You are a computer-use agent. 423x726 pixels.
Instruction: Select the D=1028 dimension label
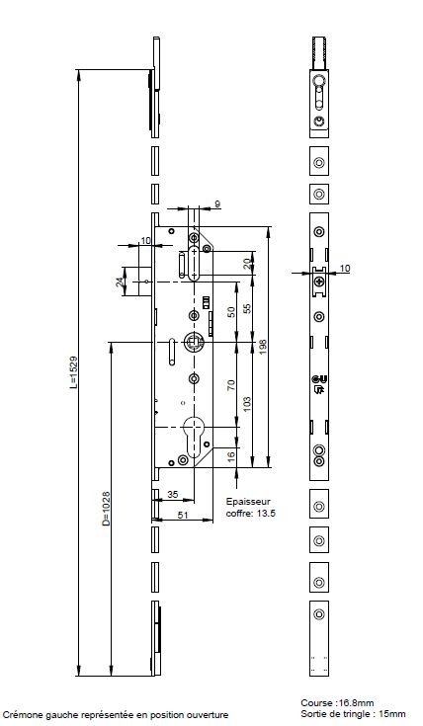tap(106, 508)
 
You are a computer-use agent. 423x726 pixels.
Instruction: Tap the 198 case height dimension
tap(263, 347)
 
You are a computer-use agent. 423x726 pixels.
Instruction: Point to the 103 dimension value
tap(247, 404)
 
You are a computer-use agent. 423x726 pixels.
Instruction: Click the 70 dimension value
tap(231, 385)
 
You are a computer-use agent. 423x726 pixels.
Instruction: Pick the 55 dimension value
tap(247, 309)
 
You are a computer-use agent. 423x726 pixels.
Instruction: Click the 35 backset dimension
tap(172, 494)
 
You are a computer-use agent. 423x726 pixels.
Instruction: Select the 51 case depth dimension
tap(183, 515)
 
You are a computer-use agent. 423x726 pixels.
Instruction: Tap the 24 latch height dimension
tap(120, 282)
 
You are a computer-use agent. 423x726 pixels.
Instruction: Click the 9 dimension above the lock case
tap(217, 203)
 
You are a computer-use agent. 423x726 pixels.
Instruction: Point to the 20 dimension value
tap(247, 264)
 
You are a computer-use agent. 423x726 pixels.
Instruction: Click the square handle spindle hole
tap(193, 343)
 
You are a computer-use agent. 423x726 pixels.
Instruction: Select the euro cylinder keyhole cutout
tap(194, 437)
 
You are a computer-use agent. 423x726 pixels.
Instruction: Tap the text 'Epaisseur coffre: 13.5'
tap(250, 508)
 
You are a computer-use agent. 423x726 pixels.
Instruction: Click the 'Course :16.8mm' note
tap(337, 703)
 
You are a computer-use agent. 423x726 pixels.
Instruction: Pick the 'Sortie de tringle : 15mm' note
tap(353, 714)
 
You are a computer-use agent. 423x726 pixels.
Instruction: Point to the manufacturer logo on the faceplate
tap(319, 385)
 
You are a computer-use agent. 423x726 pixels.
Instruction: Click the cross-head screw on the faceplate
tap(319, 282)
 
